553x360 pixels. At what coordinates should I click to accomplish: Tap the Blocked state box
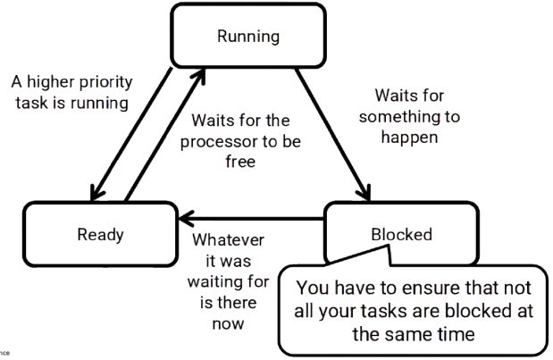coord(401,234)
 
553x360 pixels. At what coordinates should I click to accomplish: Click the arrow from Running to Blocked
coord(332,134)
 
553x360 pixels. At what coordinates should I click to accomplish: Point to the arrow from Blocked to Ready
coord(255,215)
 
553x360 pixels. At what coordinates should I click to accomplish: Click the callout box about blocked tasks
coord(411,309)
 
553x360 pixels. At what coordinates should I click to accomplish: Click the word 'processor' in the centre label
coord(209,140)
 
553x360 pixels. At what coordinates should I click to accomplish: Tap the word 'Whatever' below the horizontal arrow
coord(229,241)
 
